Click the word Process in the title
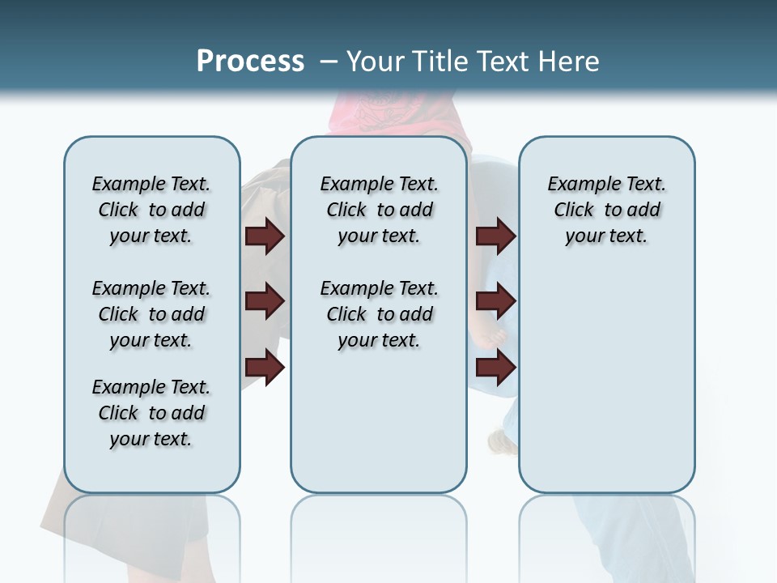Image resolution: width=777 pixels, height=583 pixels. click(x=250, y=62)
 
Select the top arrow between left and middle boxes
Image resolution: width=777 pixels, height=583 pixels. click(x=265, y=236)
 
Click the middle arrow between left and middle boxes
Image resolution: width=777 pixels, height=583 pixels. click(x=265, y=302)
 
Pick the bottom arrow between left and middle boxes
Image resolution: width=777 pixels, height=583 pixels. click(x=265, y=368)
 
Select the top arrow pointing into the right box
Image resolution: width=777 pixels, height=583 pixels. click(x=495, y=236)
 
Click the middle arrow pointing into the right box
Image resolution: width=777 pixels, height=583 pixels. click(x=495, y=302)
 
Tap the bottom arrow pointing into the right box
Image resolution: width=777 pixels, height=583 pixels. click(x=495, y=368)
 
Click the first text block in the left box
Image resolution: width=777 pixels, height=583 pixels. click(x=151, y=210)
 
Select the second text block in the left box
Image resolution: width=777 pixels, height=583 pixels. click(x=151, y=314)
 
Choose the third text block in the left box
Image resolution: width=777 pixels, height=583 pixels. click(x=151, y=413)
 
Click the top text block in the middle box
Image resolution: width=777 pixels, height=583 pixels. click(x=379, y=210)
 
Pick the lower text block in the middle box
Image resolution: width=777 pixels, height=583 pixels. click(x=379, y=314)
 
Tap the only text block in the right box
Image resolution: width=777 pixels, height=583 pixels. click(x=606, y=210)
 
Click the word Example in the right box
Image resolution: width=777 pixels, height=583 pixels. click(x=579, y=185)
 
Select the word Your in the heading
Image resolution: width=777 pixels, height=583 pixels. click(x=375, y=62)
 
